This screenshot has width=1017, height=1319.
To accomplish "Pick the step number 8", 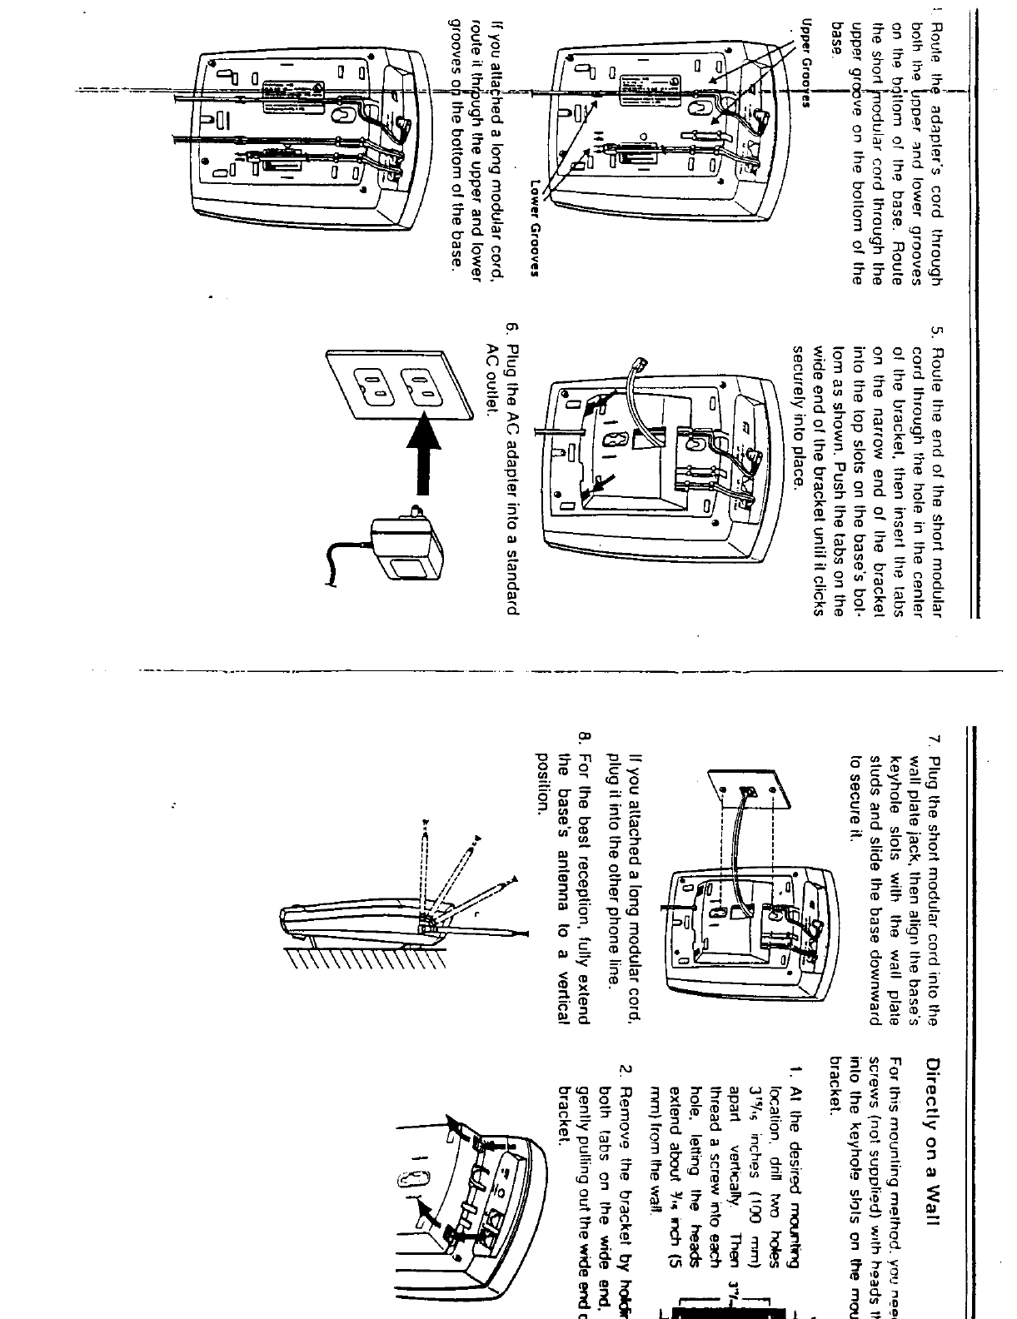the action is tap(584, 736).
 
